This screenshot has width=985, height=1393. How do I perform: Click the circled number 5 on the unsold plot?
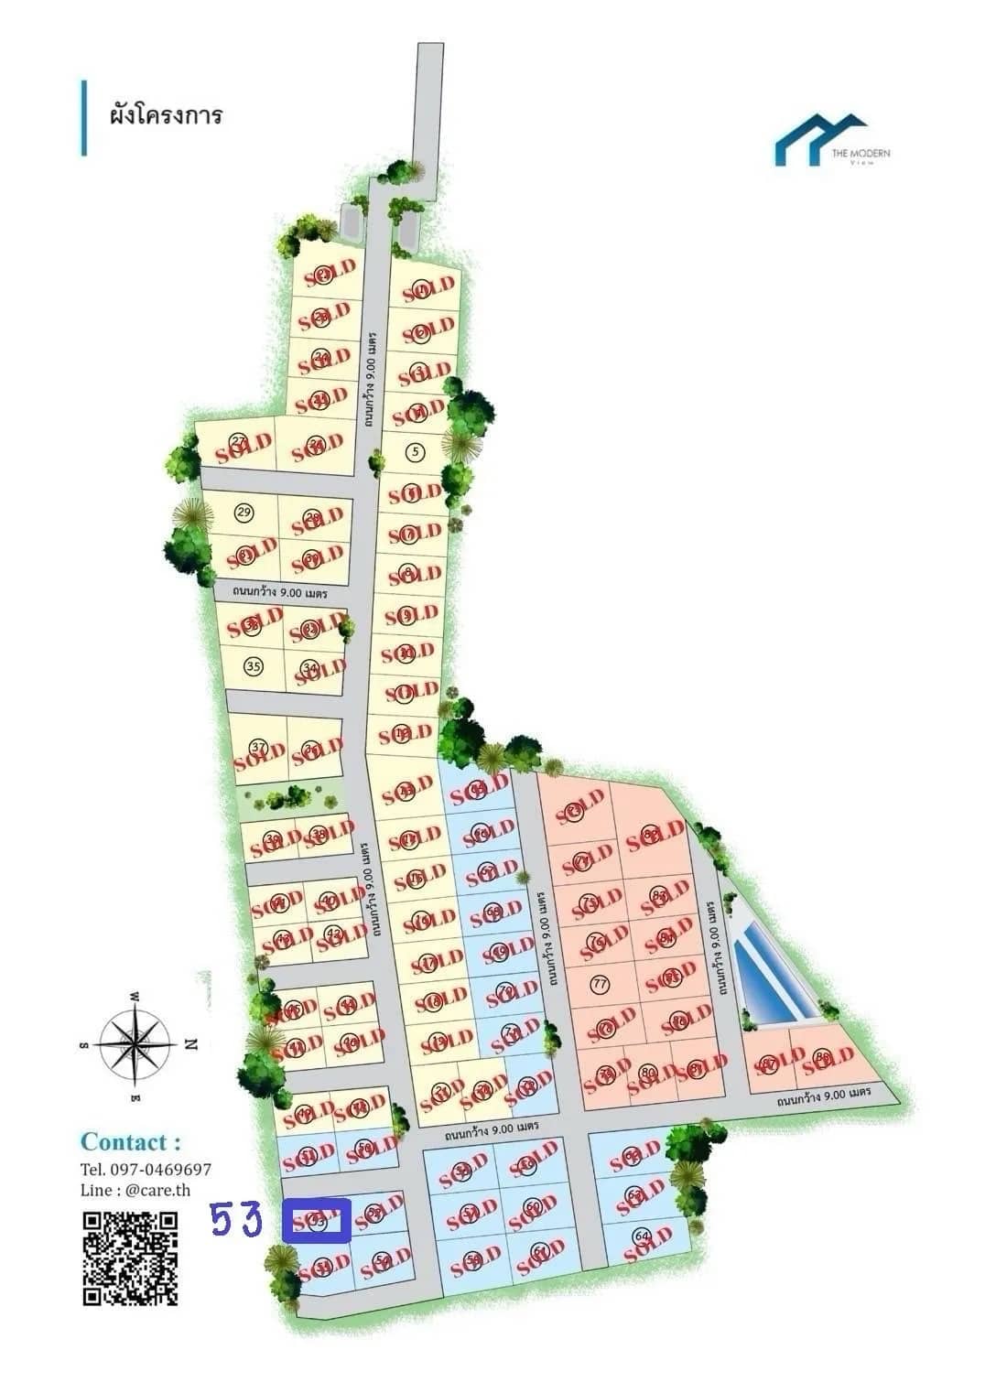[x=416, y=450]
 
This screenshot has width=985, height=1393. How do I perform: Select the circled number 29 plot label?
[x=244, y=511]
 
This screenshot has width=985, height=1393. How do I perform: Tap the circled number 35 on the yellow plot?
[x=254, y=665]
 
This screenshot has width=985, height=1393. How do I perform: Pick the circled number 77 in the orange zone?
[x=601, y=985]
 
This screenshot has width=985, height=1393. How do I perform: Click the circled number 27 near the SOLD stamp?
[x=238, y=441]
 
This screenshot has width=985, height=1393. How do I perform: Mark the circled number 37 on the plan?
[x=258, y=746]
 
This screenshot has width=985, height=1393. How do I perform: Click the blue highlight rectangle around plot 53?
[x=317, y=1221]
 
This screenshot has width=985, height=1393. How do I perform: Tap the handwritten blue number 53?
[x=237, y=1220]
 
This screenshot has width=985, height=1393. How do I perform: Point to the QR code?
[x=130, y=1258]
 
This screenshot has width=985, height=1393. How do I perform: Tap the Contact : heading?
[x=130, y=1142]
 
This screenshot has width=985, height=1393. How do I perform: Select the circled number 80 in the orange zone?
[x=648, y=1071]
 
